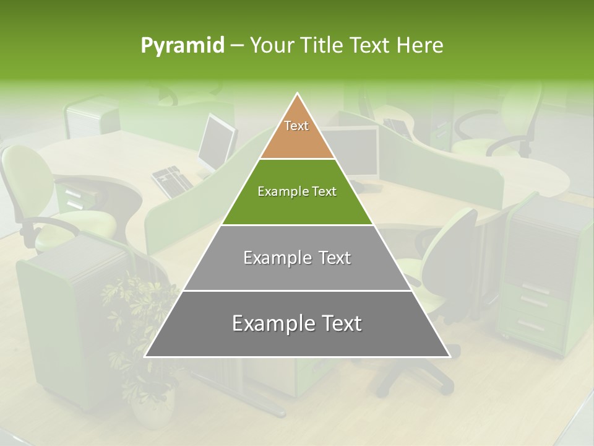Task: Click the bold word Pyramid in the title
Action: (x=183, y=46)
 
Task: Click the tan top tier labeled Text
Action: (x=296, y=133)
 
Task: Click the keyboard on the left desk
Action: (x=172, y=180)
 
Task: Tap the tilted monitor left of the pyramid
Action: (x=217, y=142)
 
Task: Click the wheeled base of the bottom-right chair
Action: (x=415, y=372)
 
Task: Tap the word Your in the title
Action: (x=271, y=46)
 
